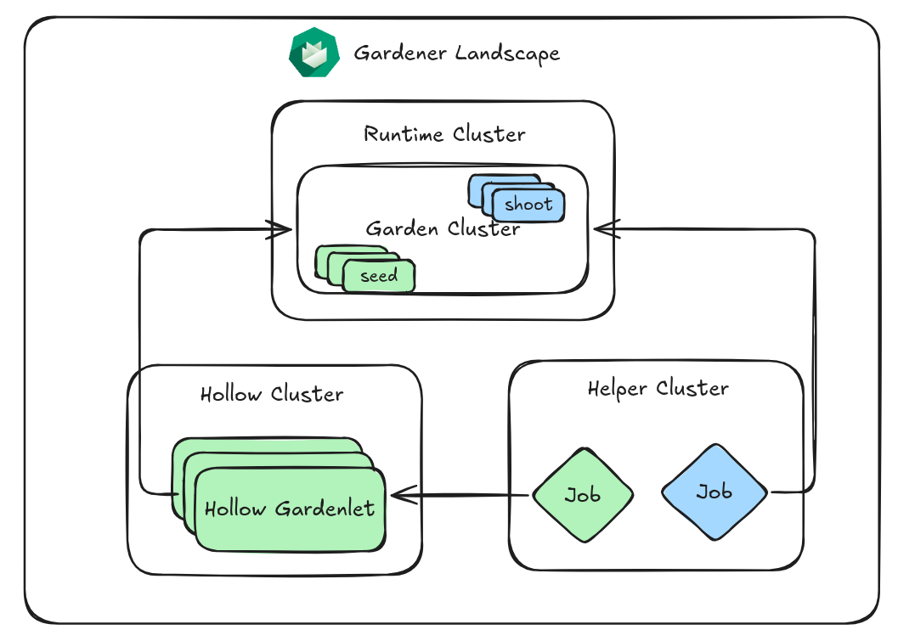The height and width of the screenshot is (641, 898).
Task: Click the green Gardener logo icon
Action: (313, 53)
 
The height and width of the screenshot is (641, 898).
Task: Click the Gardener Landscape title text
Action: (456, 53)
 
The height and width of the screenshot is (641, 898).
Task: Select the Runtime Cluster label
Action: (444, 134)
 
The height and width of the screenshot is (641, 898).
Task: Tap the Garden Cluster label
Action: (443, 228)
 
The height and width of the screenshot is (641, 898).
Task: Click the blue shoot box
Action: (528, 205)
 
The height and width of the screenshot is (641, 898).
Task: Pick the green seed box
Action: (379, 276)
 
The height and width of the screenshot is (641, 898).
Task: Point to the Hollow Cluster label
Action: (272, 394)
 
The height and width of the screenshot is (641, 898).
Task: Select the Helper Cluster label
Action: (658, 389)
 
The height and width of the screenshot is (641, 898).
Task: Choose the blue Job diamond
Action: (714, 492)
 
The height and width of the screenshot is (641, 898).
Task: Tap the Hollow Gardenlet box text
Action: (290, 509)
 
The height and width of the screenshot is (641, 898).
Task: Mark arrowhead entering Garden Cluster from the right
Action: (601, 228)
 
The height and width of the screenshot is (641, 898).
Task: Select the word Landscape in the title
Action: (507, 53)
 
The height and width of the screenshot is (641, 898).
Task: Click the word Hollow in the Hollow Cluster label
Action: (232, 394)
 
